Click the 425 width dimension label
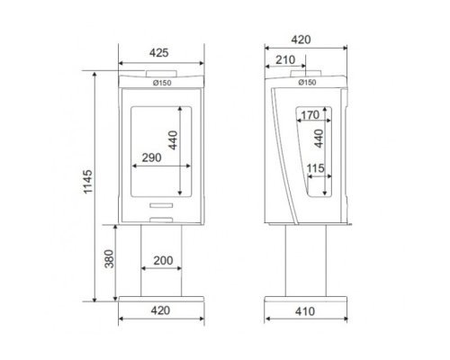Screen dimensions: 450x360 [x=159, y=53]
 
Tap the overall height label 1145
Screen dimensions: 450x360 [x=88, y=182]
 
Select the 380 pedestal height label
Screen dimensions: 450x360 [x=110, y=258]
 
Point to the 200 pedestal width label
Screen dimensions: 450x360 [x=163, y=260]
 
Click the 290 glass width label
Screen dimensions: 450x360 [x=151, y=157]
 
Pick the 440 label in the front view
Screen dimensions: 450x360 [x=173, y=139]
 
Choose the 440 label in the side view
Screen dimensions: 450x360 [x=319, y=139]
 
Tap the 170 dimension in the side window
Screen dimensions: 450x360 [x=310, y=115]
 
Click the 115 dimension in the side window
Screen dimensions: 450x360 [x=316, y=168]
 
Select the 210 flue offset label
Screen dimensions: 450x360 [x=285, y=60]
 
